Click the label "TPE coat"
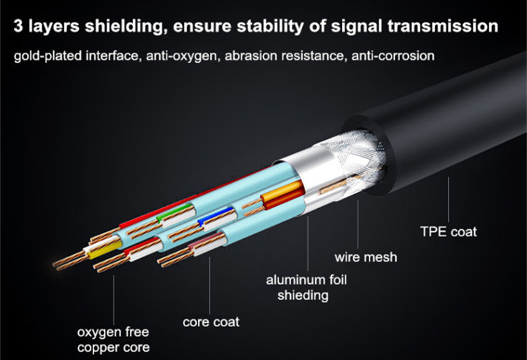[448, 231]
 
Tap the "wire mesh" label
[365, 257]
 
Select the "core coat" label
[211, 322]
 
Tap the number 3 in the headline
[19, 27]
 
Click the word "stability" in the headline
[277, 27]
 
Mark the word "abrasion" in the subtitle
[245, 55]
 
